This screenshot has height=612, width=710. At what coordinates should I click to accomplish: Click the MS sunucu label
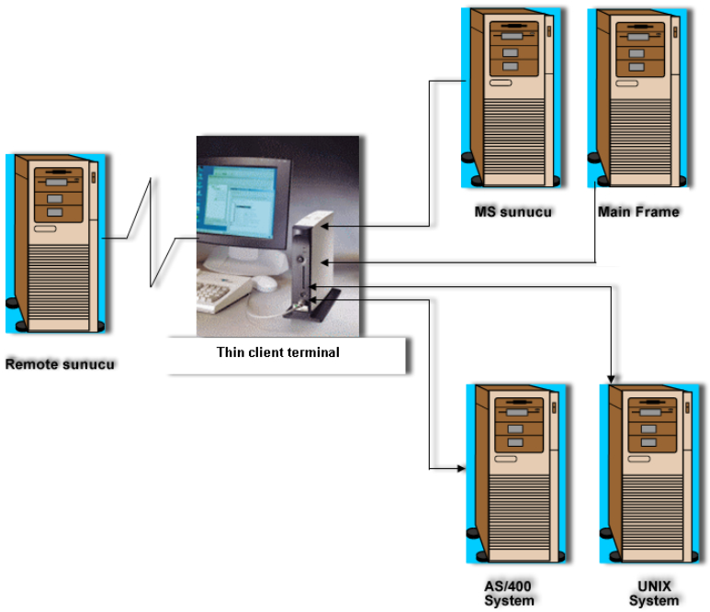pos(513,212)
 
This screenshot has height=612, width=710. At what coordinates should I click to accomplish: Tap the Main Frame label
pos(638,212)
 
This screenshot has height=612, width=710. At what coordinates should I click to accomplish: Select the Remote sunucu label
pos(61,364)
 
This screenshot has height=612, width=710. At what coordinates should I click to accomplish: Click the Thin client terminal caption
pos(277,352)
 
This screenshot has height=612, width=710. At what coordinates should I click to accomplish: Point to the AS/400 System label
pos(509,594)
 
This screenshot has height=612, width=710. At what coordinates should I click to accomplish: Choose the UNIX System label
pos(653,594)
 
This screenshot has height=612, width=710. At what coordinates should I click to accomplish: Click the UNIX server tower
pos(648,473)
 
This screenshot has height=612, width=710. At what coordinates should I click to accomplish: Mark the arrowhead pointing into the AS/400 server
pos(461,469)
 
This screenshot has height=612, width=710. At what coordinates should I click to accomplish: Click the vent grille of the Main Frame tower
pos(636,138)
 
